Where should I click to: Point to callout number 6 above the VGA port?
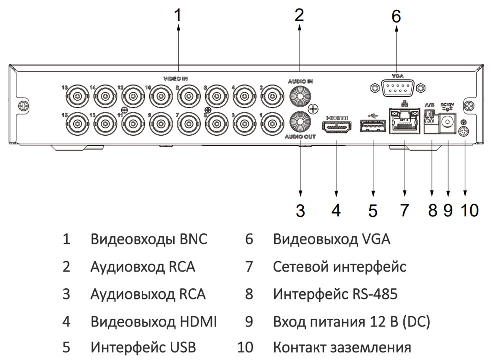pos(396,16)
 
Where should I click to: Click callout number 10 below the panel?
pos(469,210)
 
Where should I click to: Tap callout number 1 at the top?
pos(178,15)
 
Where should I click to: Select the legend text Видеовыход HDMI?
pos(154,321)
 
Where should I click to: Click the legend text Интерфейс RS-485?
pos(335,294)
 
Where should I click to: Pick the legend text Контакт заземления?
pos(342,347)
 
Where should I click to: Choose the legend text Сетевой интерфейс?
pos(340,266)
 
